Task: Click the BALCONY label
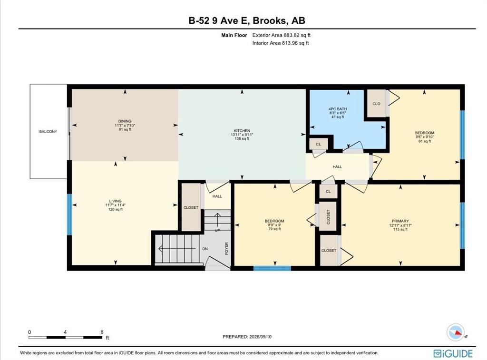pyautogui.click(x=48, y=131)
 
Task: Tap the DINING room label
pyautogui.click(x=125, y=121)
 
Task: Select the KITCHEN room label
pyautogui.click(x=242, y=131)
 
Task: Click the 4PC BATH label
pyautogui.click(x=338, y=109)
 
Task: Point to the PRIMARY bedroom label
pyautogui.click(x=400, y=221)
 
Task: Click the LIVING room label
pyautogui.click(x=115, y=201)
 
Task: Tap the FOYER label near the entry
pyautogui.click(x=226, y=249)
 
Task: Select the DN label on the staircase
pyautogui.click(x=205, y=249)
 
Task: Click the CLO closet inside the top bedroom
pyautogui.click(x=377, y=104)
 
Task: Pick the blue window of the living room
pyautogui.click(x=69, y=214)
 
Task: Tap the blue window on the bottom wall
pyautogui.click(x=272, y=268)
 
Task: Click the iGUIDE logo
pyautogui.click(x=453, y=353)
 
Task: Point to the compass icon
pyautogui.click(x=456, y=332)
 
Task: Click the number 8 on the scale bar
pyautogui.click(x=102, y=332)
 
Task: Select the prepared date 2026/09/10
pyautogui.click(x=260, y=337)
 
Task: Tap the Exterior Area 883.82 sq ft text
pyautogui.click(x=282, y=35)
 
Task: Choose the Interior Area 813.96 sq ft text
pyautogui.click(x=281, y=43)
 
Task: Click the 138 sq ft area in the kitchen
pyautogui.click(x=242, y=139)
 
